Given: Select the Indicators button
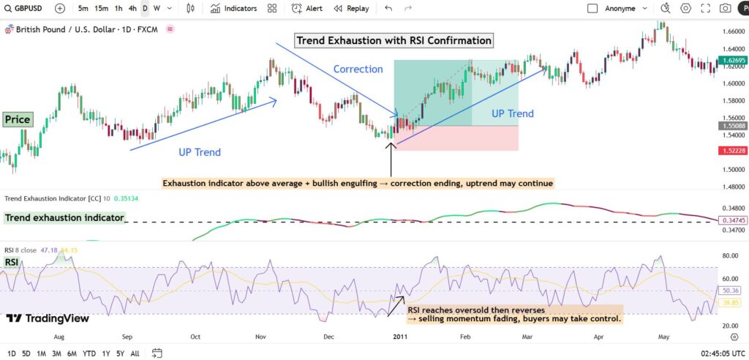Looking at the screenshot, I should tap(234, 9).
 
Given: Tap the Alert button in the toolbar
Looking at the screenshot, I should tap(307, 9).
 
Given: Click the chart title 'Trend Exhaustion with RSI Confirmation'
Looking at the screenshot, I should tap(394, 40).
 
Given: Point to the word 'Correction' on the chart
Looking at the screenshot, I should tap(358, 69).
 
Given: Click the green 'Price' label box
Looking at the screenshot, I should tap(17, 119).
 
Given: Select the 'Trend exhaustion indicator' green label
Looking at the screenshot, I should tap(64, 218).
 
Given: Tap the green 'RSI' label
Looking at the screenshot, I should tap(12, 261).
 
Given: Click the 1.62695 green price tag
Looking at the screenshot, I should tap(731, 59).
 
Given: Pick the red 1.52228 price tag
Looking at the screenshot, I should tap(731, 150).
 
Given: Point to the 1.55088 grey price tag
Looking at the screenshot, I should tap(731, 126).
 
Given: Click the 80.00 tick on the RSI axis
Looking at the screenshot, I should tap(730, 256).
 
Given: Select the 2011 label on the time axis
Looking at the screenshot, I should tap(399, 337).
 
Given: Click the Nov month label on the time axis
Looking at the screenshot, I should tap(262, 337).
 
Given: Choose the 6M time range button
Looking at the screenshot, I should tap(72, 353).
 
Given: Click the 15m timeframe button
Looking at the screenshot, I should tap(102, 9).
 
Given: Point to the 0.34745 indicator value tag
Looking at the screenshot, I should tap(731, 220).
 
